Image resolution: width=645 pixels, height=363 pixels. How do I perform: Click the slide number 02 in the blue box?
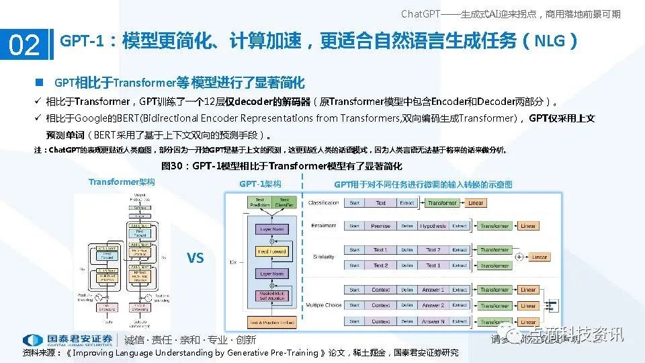coord(24,45)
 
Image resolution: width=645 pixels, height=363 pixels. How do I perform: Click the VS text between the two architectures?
coord(195,258)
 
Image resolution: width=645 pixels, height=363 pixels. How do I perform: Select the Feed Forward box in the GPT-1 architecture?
coord(272,251)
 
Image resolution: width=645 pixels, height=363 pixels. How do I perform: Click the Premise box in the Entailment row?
coord(380,226)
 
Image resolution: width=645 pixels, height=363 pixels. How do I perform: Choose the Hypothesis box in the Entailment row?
coord(433,226)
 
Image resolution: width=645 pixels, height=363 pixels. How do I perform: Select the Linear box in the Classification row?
coord(476,203)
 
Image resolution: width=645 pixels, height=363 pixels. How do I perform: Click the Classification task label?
coord(324,203)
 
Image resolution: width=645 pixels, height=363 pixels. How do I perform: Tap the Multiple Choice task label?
coord(324,305)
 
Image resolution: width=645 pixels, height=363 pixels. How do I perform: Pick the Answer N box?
coord(433,321)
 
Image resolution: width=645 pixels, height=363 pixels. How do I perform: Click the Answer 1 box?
coord(433,290)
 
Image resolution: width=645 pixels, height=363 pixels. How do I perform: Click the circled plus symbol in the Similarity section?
coord(519,257)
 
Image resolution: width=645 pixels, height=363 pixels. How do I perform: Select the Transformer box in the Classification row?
coord(442,203)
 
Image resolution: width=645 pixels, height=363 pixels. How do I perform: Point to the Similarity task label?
coord(324,257)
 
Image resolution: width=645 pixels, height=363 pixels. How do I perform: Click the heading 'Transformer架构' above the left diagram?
coord(122,182)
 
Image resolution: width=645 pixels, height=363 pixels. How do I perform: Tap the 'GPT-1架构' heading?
coord(260,184)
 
